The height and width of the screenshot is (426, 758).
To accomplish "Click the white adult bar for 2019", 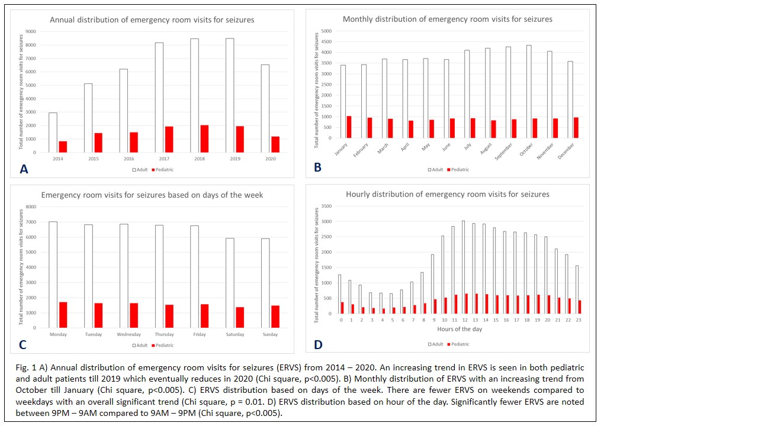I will [x=229, y=95].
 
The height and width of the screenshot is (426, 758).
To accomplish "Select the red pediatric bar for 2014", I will [x=63, y=147].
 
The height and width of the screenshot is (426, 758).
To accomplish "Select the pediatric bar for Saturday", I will [x=240, y=317].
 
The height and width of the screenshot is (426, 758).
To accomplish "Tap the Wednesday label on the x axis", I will [x=129, y=334].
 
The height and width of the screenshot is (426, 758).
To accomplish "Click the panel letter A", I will [x=24, y=169].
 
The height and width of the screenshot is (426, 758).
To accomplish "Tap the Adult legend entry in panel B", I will [x=435, y=170].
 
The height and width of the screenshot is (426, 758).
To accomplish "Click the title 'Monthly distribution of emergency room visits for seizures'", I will [x=447, y=19].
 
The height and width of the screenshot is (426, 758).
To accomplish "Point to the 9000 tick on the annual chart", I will [x=30, y=31].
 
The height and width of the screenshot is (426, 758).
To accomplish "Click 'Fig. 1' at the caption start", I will [x=25, y=368].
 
